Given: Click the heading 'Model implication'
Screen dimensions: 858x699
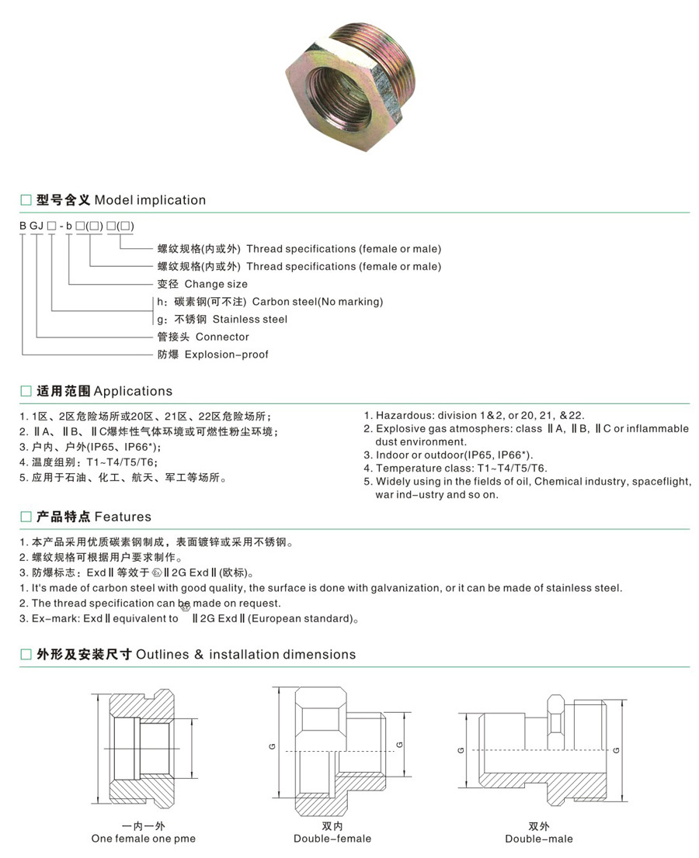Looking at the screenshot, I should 150,200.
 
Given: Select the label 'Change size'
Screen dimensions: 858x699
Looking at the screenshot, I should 216,284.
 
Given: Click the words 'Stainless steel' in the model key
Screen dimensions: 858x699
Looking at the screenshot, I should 249,319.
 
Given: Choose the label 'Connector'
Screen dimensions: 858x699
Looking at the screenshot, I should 222,337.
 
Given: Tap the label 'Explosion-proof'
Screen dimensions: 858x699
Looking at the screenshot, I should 231,355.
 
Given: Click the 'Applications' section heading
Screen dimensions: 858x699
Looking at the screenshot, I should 133,391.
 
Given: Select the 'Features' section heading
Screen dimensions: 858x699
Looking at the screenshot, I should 123,517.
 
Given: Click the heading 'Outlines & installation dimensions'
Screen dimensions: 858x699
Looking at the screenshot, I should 245,655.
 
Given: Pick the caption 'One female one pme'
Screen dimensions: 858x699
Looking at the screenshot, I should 144,839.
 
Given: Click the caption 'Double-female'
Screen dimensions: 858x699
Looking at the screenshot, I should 332,839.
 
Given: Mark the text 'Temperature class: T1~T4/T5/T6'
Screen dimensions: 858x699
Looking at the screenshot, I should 461,468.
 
